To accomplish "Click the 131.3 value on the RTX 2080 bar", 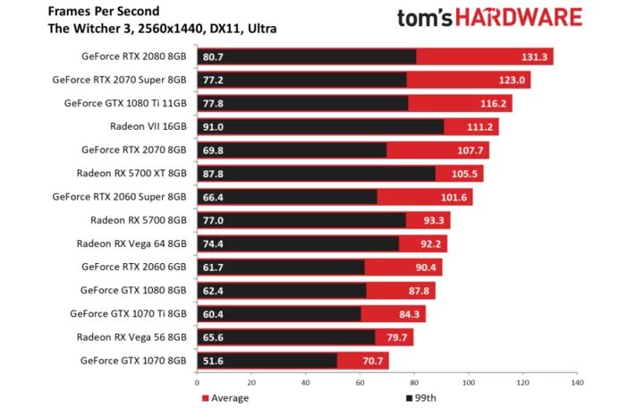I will [x=534, y=57].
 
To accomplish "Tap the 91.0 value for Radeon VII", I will [x=214, y=127].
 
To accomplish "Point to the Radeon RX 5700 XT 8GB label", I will [x=131, y=174].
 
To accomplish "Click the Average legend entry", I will [x=225, y=397].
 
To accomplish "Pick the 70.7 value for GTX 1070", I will [x=372, y=361].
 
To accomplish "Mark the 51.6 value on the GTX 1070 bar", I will [x=214, y=361].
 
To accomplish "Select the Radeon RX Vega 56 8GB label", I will [x=131, y=337].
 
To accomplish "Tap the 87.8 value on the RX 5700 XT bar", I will [x=214, y=174].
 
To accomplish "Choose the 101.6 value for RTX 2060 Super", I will [x=454, y=197].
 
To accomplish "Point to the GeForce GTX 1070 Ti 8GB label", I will [x=128, y=313].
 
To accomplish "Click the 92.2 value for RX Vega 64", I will [x=430, y=243].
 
